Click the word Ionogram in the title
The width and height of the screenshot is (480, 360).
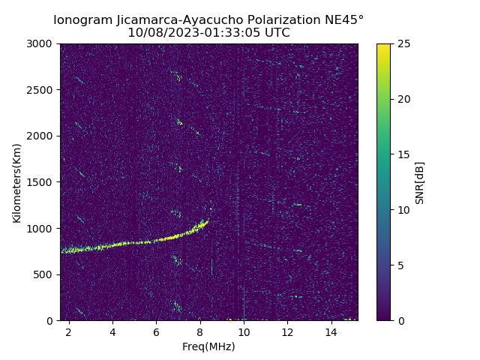[x=82, y=19]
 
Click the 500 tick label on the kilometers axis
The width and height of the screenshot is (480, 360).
[x=45, y=274]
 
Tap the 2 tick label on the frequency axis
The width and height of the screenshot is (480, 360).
[x=69, y=331]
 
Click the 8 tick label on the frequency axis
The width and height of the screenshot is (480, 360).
[x=199, y=331]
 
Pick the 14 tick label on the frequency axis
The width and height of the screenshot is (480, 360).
[x=331, y=331]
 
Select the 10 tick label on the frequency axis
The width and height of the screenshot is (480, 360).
[x=244, y=331]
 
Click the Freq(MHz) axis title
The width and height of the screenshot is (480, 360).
[x=208, y=346]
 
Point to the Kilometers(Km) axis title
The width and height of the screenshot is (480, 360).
[x=17, y=182]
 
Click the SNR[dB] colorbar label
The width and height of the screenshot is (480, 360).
[x=420, y=182]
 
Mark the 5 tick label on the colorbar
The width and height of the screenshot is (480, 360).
[x=400, y=265]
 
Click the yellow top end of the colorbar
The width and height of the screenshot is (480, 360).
[x=383, y=46]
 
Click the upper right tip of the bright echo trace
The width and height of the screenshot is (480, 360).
[x=207, y=220]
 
